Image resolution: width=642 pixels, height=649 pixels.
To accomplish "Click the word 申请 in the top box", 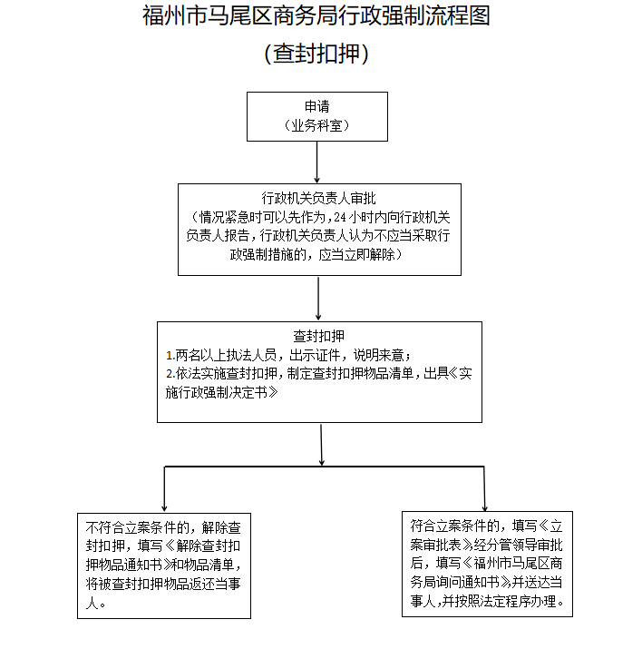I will (316, 106).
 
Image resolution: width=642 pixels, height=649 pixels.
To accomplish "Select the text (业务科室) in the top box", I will (316, 126).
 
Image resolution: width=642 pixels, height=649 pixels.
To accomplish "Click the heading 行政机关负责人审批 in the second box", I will (318, 197).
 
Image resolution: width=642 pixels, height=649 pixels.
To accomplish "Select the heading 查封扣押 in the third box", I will (318, 335).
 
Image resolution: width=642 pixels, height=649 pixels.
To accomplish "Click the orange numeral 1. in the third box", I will (170, 354).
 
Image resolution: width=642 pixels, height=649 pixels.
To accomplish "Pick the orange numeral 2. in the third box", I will (170, 373).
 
